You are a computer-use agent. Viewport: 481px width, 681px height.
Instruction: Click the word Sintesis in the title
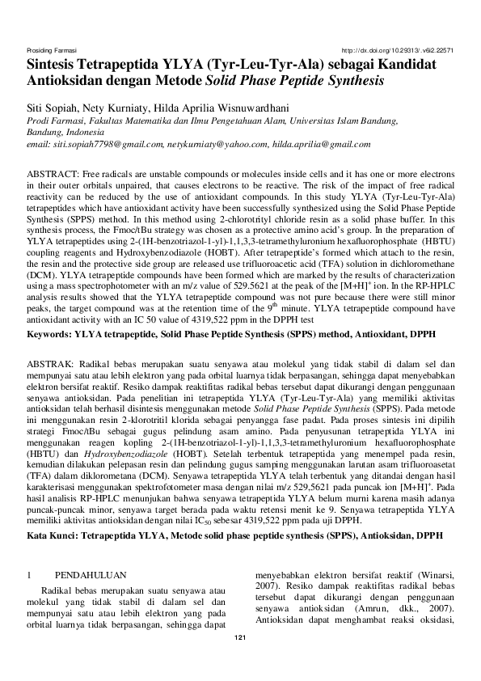coord(57,65)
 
